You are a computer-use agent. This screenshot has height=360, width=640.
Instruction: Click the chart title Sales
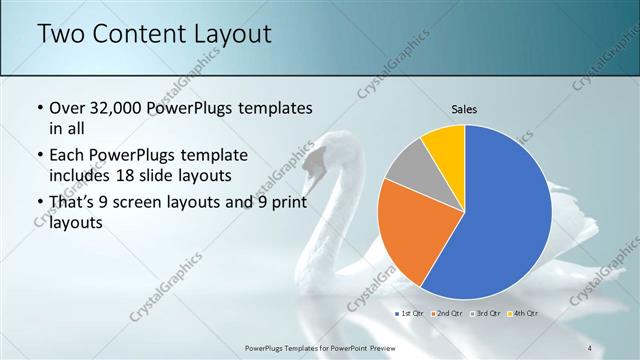[x=464, y=108]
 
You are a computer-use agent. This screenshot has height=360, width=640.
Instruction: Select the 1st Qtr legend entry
[x=409, y=313]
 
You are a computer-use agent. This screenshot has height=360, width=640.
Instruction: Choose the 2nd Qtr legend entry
[x=447, y=313]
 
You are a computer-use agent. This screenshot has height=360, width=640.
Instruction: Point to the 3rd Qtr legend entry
[x=485, y=313]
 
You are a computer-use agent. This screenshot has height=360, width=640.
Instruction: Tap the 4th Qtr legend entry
[x=523, y=313]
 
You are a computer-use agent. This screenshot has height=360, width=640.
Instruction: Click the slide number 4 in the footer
[x=589, y=347]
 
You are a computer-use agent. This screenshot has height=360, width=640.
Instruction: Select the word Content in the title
[x=134, y=34]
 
